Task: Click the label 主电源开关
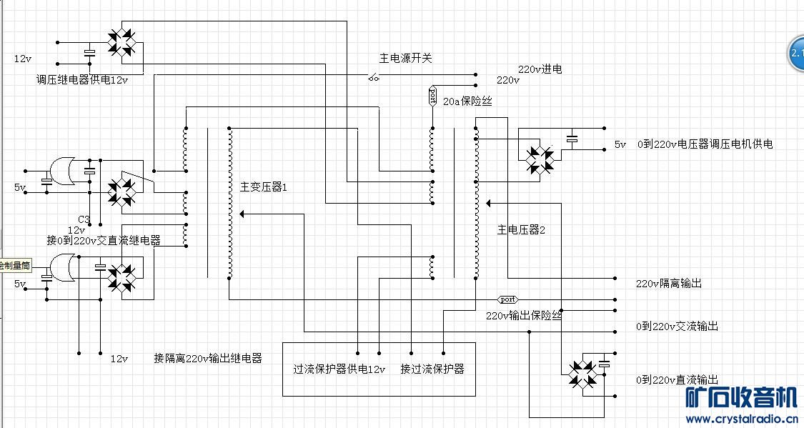(405, 58)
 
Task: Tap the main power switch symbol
(373, 76)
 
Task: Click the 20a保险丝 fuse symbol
(432, 96)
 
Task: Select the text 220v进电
(540, 69)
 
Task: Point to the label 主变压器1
(263, 187)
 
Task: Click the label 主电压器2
(521, 229)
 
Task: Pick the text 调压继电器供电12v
(82, 79)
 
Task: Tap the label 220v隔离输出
(669, 283)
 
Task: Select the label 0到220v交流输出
(678, 326)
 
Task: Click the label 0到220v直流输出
(678, 379)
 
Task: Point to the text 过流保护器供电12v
(339, 369)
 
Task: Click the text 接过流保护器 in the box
(432, 369)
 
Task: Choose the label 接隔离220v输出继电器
(208, 358)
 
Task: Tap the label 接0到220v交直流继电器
(104, 240)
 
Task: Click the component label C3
(84, 219)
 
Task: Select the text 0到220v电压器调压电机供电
(705, 144)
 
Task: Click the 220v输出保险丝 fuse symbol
(507, 299)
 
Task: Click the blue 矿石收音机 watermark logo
(741, 397)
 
